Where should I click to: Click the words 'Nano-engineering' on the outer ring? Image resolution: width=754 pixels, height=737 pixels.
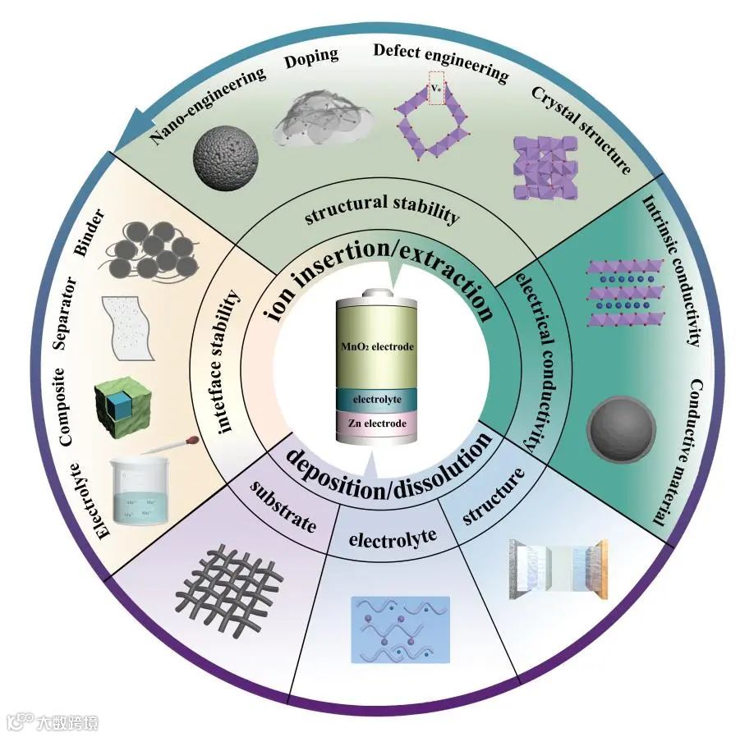[210, 105]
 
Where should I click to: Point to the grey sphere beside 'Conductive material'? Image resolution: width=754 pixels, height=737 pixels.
[622, 426]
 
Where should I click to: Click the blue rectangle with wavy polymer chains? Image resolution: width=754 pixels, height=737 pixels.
[400, 629]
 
